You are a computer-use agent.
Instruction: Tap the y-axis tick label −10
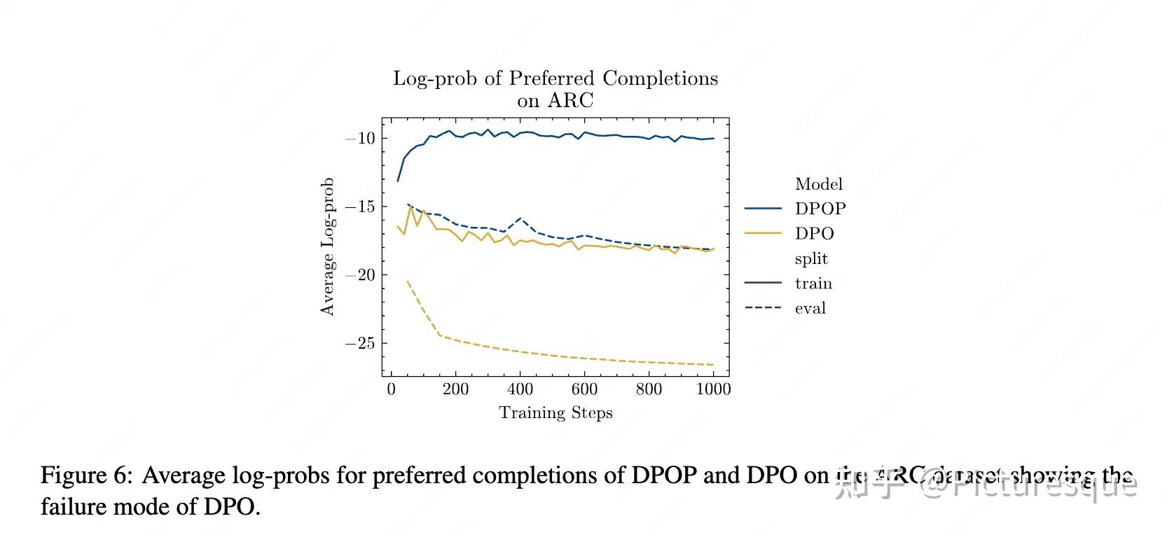coord(360,139)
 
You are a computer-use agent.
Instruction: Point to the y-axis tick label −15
coord(360,207)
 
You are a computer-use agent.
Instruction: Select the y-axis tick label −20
coord(360,275)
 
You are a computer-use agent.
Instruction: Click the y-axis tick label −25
coord(360,344)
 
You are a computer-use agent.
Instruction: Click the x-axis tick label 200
coord(455,389)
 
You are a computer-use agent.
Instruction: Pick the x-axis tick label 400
coord(520,389)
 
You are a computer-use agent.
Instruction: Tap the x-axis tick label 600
coord(584,389)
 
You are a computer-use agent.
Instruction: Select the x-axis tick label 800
coord(649,389)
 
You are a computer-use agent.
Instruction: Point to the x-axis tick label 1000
coord(713,389)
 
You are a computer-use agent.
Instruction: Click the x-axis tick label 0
coord(391,389)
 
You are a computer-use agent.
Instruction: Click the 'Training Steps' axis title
coord(555,413)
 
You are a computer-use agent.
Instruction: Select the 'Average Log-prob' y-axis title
coord(327,246)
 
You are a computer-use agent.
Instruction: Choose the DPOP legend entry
coord(820,209)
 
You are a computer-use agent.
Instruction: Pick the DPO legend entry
coord(814,234)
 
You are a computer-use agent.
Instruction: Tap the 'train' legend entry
coord(813,284)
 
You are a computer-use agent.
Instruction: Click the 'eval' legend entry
coord(810,308)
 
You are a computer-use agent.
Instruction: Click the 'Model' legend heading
coord(818,184)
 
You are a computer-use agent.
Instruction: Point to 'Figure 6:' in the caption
coord(85,475)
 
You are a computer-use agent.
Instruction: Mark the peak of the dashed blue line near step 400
coord(520,218)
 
